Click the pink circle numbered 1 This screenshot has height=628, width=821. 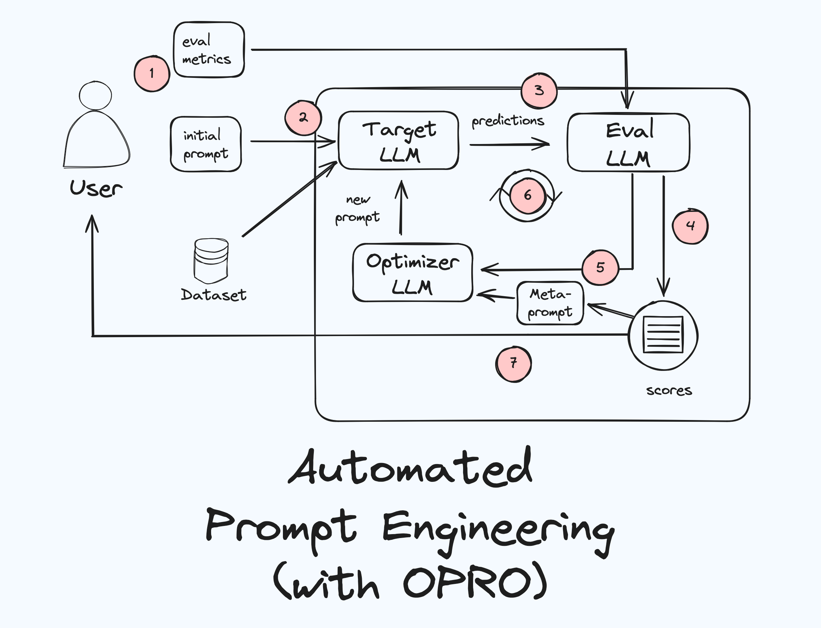tap(152, 74)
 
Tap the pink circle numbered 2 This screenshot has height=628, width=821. tap(303, 118)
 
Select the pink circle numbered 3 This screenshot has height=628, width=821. tap(539, 90)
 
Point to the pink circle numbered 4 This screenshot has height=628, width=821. tap(690, 226)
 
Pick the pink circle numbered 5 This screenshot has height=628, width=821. tap(600, 267)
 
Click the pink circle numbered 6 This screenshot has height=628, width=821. tap(527, 196)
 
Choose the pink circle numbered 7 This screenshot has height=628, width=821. tap(514, 363)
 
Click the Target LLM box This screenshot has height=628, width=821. tap(398, 140)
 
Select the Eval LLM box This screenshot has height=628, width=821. tap(628, 143)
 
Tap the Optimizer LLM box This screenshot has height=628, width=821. tap(413, 272)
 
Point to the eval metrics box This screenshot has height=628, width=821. tap(209, 50)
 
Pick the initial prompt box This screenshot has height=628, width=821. tap(206, 144)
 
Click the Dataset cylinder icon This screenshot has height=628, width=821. tap(211, 261)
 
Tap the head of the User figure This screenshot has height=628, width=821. tap(95, 96)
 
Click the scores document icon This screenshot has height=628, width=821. tap(663, 335)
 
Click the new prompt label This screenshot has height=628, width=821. tap(358, 209)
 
